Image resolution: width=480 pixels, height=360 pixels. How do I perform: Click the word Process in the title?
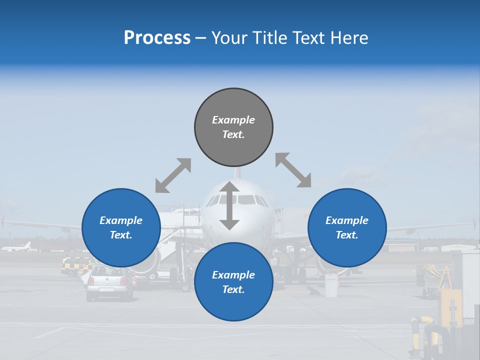click(x=157, y=38)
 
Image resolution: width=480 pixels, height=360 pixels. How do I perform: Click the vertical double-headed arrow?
click(x=229, y=205)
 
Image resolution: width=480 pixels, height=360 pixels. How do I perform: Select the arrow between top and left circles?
click(x=173, y=175)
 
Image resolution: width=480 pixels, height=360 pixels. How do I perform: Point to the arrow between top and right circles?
click(x=293, y=170)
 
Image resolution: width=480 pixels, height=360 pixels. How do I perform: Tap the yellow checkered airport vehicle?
click(x=74, y=265)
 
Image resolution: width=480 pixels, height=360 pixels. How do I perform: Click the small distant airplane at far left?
click(x=17, y=247)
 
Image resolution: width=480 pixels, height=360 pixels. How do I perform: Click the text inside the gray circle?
click(x=233, y=127)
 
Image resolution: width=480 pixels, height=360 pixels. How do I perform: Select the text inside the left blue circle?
click(x=121, y=227)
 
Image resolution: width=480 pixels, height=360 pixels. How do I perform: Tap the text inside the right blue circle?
click(x=347, y=227)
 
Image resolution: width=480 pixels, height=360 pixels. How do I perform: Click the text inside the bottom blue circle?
click(x=233, y=282)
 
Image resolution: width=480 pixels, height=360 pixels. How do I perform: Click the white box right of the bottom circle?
click(x=331, y=285)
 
